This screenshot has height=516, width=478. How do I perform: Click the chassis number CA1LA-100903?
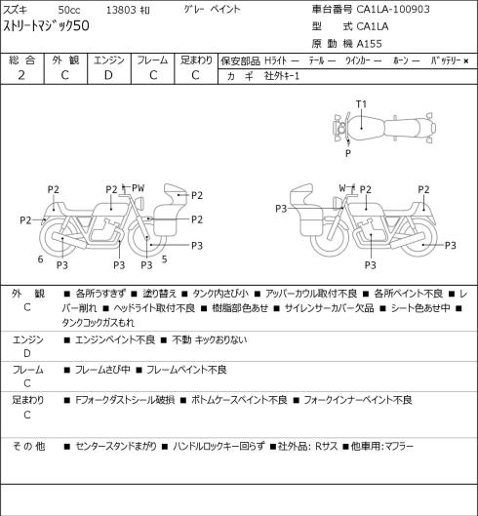click(x=393, y=9)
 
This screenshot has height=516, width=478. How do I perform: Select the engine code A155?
click(x=370, y=44)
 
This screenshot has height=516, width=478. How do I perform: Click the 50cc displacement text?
click(x=69, y=10)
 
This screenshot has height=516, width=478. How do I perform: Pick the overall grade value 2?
click(x=21, y=75)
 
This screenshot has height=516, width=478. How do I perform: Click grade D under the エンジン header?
click(x=108, y=75)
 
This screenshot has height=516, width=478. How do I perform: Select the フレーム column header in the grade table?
click(x=152, y=60)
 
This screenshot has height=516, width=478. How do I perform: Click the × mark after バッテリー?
click(x=466, y=60)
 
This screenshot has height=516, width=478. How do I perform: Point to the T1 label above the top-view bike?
click(x=361, y=104)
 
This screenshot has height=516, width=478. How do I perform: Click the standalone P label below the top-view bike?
click(x=348, y=153)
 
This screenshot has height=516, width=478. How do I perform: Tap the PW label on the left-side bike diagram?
click(x=138, y=188)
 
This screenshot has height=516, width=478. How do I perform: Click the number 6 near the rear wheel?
click(x=41, y=259)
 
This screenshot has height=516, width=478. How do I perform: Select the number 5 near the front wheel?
click(x=164, y=259)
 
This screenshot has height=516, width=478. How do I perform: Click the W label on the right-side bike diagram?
click(x=342, y=188)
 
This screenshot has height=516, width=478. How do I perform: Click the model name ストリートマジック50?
click(x=46, y=26)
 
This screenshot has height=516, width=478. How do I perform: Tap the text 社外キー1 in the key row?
click(x=282, y=76)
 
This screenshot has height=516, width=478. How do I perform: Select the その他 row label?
click(x=28, y=446)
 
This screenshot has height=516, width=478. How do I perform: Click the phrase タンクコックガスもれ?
click(x=99, y=323)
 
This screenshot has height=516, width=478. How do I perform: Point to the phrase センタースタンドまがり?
click(x=116, y=446)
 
